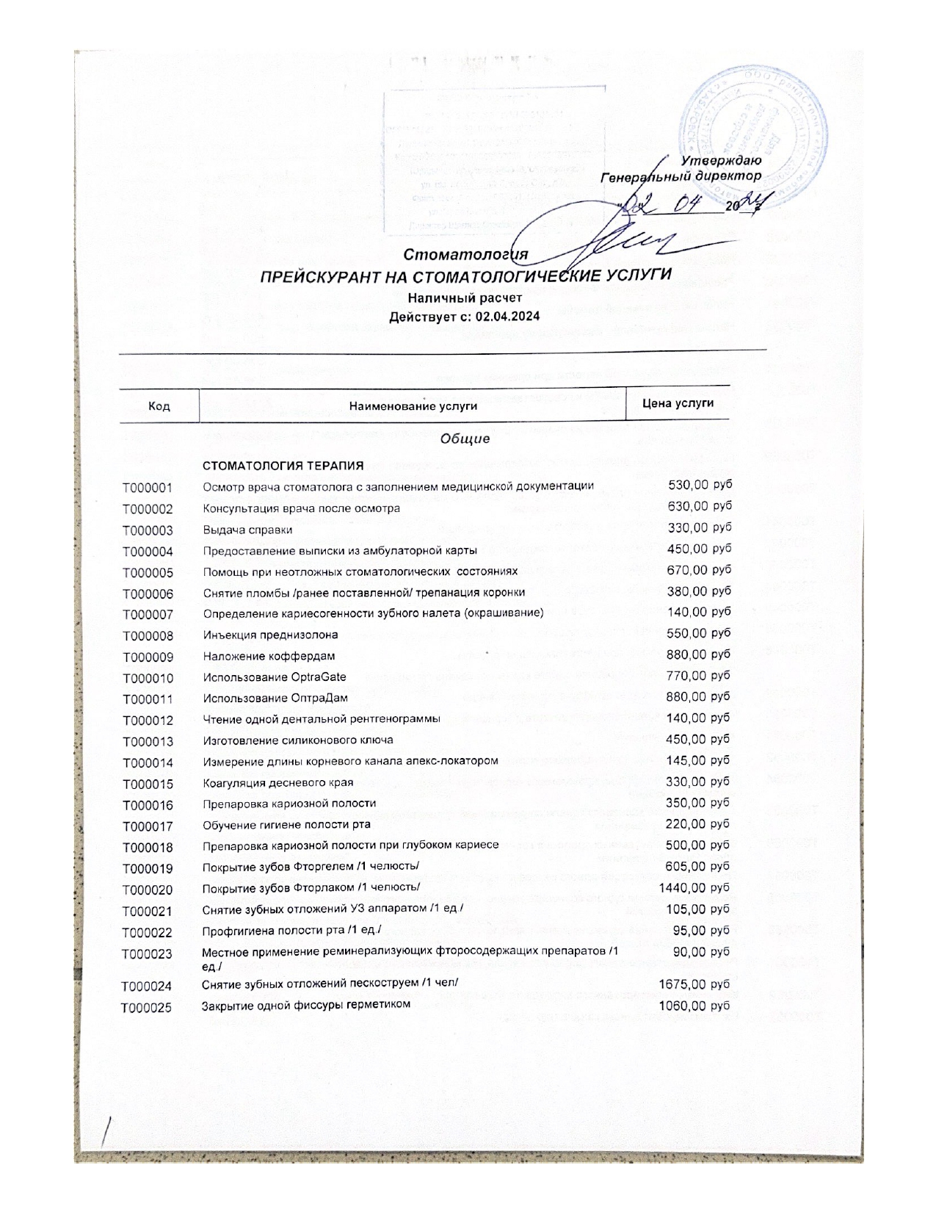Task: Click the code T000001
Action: (148, 488)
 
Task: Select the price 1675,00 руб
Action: (694, 984)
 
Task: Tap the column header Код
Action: (159, 405)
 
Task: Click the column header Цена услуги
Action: (678, 403)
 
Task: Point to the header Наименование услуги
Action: (413, 405)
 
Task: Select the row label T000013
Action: (148, 742)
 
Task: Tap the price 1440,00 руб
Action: (694, 888)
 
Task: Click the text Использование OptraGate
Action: (274, 677)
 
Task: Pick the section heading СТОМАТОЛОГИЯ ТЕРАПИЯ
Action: (283, 466)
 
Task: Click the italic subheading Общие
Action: (465, 439)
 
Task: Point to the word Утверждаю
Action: (721, 160)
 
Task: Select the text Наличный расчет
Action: (465, 299)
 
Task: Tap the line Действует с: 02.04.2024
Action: (465, 317)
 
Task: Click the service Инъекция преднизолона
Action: (270, 635)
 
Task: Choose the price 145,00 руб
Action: (697, 760)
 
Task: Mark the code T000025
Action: (147, 1008)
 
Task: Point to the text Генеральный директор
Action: (681, 177)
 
